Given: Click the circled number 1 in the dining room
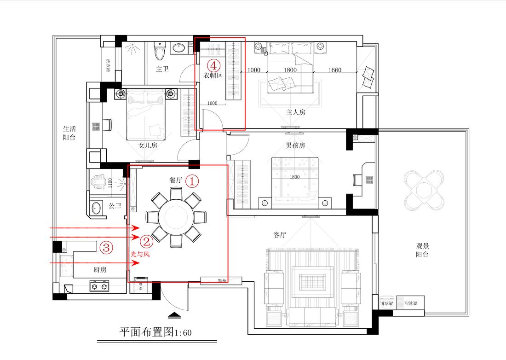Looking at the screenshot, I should pos(192,181).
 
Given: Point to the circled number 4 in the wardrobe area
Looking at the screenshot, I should pos(213,65).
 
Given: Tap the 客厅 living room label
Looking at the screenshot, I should pos(280,235).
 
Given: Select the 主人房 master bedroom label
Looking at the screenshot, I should pos(296,112).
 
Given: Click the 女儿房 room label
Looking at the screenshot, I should pos(148,145).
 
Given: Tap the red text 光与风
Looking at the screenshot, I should pos(141,254).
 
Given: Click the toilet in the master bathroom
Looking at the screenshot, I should pos(160,52).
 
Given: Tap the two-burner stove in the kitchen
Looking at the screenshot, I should pos(99,287).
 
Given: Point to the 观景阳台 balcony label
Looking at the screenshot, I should pos(422,250).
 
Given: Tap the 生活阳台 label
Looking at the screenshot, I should pos(69,133).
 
